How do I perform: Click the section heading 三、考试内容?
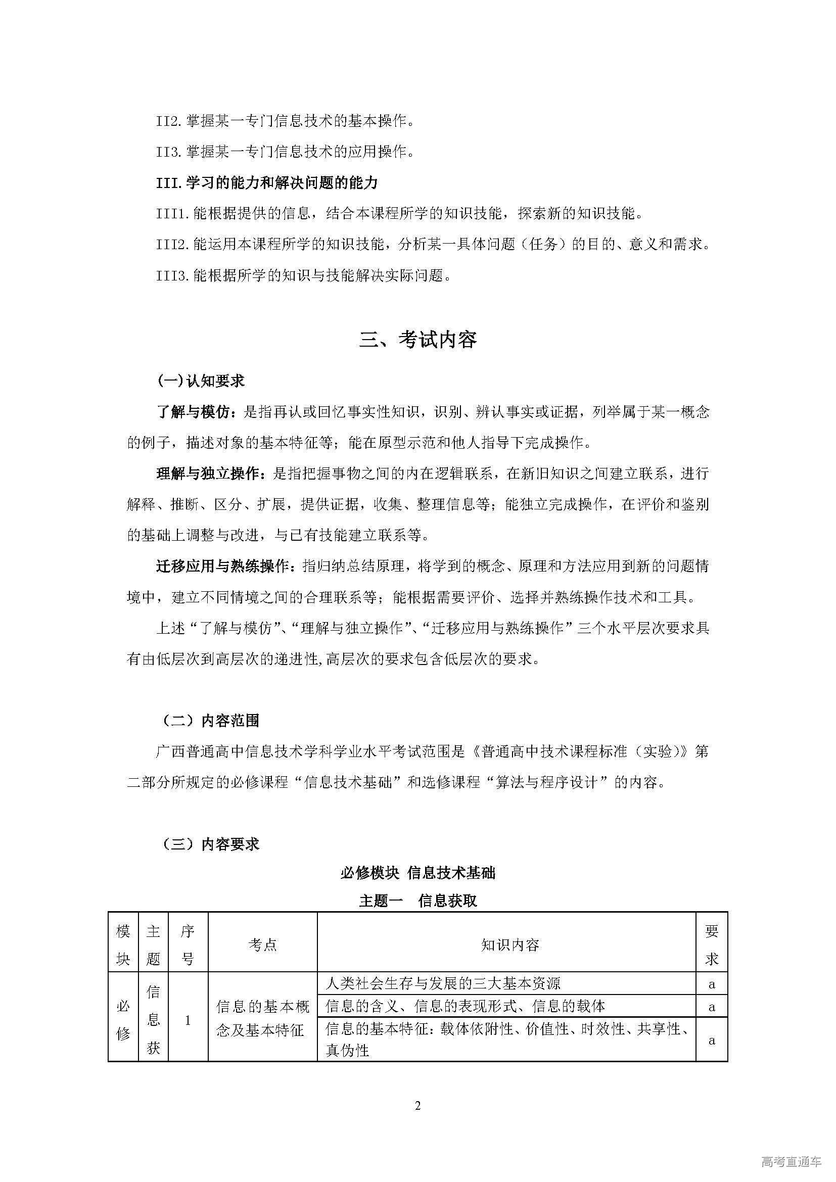tap(417, 340)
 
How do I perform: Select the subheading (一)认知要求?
tap(201, 381)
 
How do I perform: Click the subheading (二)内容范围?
tap(211, 721)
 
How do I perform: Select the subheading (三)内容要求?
tap(211, 844)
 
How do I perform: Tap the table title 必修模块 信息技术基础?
tap(417, 873)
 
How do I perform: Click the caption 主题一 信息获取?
tap(417, 901)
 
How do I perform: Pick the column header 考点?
tap(262, 944)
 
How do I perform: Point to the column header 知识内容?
tap(509, 944)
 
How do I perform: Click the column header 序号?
tap(188, 944)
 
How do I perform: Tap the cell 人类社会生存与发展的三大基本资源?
tap(443, 984)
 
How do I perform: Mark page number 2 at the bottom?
tap(417, 1106)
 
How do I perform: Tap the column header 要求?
tap(712, 944)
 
